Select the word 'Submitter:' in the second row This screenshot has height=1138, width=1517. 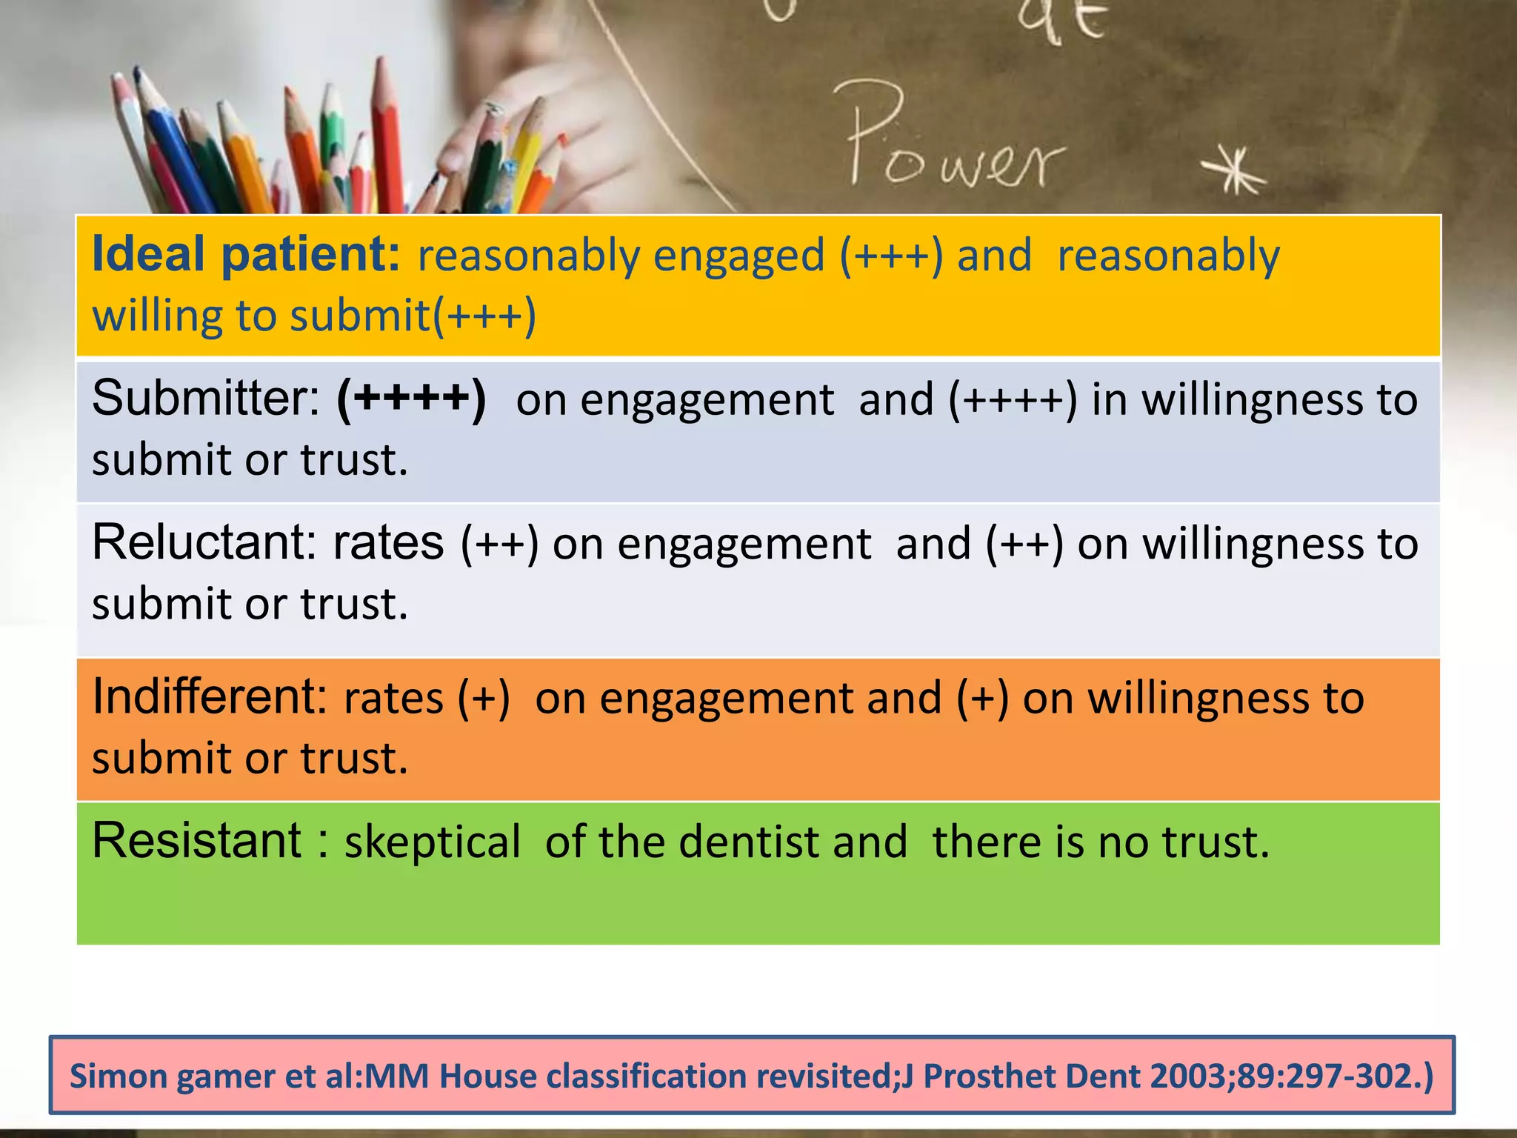[x=206, y=399]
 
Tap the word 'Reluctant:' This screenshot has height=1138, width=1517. [x=204, y=542]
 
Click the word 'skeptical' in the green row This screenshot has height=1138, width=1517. [x=433, y=842]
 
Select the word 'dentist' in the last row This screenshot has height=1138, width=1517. [x=749, y=842]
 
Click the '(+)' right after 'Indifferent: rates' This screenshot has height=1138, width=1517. [x=484, y=698]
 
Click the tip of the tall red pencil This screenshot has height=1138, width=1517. [x=381, y=62]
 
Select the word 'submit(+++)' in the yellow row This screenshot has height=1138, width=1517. [x=413, y=316]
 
